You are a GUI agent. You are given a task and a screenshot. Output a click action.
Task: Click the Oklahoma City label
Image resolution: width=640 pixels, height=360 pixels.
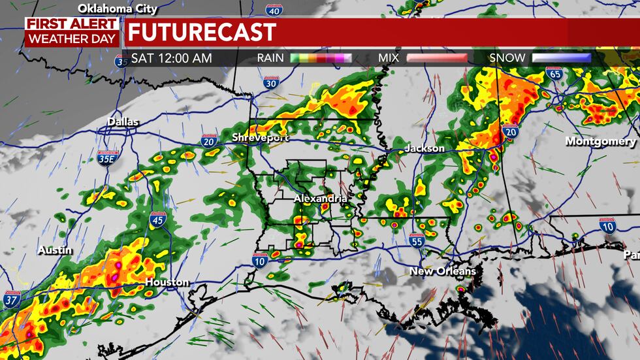click(118, 9)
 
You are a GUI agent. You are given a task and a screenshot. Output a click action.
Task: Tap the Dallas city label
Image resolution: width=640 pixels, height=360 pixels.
click(123, 122)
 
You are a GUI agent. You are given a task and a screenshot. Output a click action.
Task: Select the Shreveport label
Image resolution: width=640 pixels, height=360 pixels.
click(259, 137)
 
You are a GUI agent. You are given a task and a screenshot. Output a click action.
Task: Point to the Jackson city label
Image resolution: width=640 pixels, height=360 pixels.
click(424, 148)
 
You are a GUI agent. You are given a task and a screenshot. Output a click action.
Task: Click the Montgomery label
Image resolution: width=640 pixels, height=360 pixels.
click(600, 141)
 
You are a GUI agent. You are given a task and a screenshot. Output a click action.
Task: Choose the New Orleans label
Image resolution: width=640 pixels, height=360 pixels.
click(442, 270)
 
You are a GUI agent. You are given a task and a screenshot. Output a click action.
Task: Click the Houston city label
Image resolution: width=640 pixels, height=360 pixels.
click(167, 282)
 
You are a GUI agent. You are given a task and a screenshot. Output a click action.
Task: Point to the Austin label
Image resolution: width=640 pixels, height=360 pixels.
click(55, 250)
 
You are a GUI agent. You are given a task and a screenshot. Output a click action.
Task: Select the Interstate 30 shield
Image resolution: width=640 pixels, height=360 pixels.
click(272, 82)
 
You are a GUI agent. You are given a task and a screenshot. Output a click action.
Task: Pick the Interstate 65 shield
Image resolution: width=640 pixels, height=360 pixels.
click(555, 74)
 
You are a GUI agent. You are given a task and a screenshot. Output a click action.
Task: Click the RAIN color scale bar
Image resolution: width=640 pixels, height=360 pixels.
click(321, 58)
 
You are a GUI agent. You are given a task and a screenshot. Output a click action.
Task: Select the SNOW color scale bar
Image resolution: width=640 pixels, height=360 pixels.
click(561, 58)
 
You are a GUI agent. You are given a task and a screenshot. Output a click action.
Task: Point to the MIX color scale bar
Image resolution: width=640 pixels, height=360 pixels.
click(437, 58)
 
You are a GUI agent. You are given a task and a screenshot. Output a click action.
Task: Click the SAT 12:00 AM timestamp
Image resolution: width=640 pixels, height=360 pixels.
click(172, 58)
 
